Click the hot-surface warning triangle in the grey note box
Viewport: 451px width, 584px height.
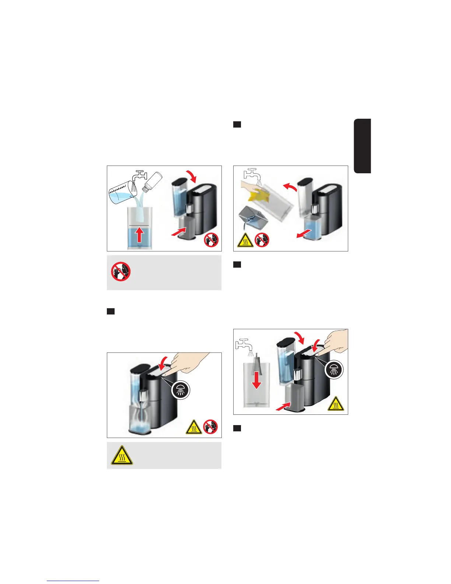click(x=122, y=455)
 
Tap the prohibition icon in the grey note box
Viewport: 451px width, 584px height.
click(x=120, y=272)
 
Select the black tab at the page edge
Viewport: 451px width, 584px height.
click(x=363, y=146)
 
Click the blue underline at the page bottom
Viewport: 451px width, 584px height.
click(x=73, y=581)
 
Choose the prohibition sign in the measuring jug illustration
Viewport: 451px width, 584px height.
click(x=211, y=240)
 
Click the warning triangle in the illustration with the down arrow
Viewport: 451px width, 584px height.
click(x=335, y=404)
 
